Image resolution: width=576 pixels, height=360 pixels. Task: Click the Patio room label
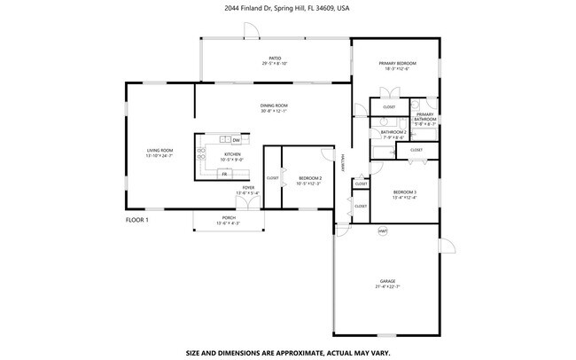276,59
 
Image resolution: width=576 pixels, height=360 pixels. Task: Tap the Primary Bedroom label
398,66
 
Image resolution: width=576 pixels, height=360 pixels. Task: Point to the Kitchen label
231,157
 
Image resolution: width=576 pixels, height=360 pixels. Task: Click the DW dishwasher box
236,140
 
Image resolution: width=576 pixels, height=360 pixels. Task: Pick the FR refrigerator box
224,174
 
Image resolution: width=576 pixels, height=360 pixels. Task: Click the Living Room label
160,153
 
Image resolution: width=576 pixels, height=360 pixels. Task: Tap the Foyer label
249,190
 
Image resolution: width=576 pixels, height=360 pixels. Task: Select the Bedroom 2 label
310,181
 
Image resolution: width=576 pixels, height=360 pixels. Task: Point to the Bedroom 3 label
405,195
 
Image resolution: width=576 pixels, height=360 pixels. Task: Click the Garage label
387,283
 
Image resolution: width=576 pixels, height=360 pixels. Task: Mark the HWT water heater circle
383,231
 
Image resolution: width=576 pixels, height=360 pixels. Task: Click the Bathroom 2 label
393,134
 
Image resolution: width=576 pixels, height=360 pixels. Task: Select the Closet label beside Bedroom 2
273,178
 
